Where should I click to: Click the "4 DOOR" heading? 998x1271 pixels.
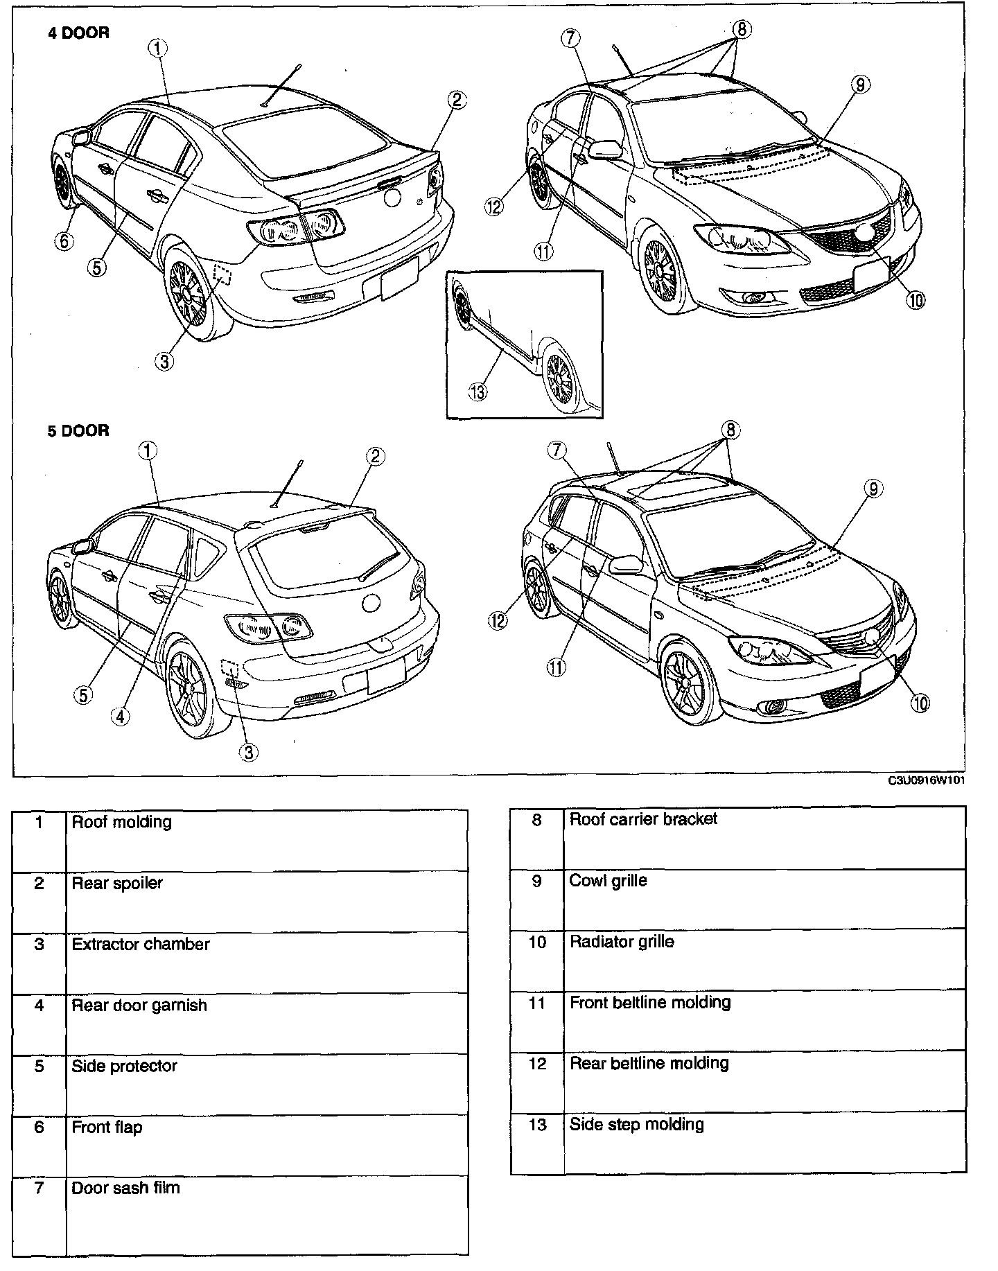pyautogui.click(x=78, y=33)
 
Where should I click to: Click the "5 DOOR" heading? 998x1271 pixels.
pyautogui.click(x=78, y=430)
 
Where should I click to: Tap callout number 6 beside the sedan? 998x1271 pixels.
pyautogui.click(x=64, y=240)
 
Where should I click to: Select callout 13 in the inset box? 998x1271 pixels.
pyautogui.click(x=478, y=392)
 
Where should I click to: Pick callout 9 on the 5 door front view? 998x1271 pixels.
pyautogui.click(x=873, y=489)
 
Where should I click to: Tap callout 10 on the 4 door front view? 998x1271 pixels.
pyautogui.click(x=916, y=299)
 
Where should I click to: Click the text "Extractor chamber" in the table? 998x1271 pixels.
pyautogui.click(x=141, y=944)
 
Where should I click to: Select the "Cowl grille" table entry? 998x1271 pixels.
pyautogui.click(x=608, y=880)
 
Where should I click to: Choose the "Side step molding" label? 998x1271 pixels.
pyautogui.click(x=636, y=1123)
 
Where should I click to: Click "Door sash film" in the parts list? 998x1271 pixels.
pyautogui.click(x=125, y=1187)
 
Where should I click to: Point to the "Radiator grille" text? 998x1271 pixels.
pyautogui.click(x=621, y=941)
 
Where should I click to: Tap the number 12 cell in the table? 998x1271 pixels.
pyautogui.click(x=537, y=1063)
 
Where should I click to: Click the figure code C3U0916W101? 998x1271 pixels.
pyautogui.click(x=927, y=780)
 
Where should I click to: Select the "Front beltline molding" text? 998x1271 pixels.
pyautogui.click(x=649, y=1002)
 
